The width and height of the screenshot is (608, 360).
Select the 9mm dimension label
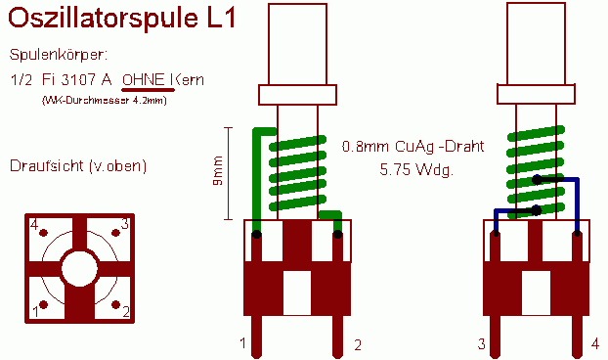click(x=218, y=170)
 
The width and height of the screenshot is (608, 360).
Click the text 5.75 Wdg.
click(x=416, y=170)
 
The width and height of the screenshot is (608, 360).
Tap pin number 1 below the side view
click(x=242, y=343)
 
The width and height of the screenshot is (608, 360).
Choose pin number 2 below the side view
click(x=358, y=345)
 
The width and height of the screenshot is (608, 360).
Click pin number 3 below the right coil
click(x=481, y=343)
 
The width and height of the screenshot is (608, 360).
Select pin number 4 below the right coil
click(x=595, y=343)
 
